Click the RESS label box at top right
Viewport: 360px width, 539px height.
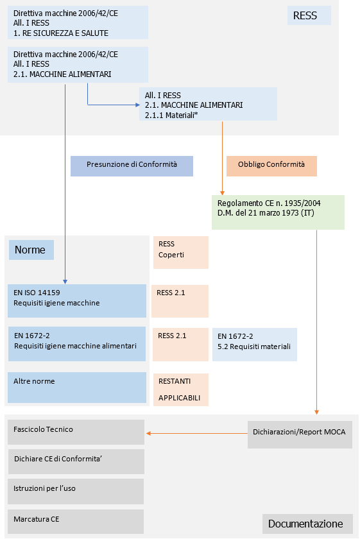[309, 15]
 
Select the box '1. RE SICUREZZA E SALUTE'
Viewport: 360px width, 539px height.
[78, 22]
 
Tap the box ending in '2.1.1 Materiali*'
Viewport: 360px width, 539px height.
[208, 104]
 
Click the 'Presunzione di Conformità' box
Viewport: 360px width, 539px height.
[132, 166]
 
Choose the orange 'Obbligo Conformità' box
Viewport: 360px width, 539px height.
[271, 166]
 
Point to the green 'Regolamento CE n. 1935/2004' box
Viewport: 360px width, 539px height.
[278, 212]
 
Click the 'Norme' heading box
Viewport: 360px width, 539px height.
[31, 250]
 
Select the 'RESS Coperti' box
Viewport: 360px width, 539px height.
[181, 252]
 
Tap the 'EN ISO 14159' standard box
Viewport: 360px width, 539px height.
[77, 301]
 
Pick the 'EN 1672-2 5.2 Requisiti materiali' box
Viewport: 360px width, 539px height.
[255, 345]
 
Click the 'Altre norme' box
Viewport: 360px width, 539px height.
[77, 388]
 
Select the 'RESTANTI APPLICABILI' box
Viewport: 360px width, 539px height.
[181, 389]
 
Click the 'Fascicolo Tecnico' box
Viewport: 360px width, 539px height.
[76, 432]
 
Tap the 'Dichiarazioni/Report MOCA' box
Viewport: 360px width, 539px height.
[300, 434]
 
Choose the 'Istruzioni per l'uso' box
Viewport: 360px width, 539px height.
[76, 492]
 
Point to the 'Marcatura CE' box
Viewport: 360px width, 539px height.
[76, 522]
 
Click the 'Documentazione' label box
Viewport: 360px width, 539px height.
[307, 524]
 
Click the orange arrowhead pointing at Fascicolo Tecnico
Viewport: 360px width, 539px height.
[148, 434]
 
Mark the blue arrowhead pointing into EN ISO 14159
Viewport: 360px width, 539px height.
[65, 282]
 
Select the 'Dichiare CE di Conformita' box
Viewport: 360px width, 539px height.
[76, 461]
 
